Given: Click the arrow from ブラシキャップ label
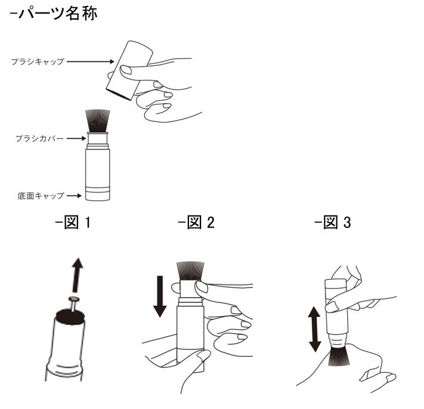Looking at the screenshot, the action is point(90,61).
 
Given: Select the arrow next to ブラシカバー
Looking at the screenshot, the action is point(77,138).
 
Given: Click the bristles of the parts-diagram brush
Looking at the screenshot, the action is point(97,121).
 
